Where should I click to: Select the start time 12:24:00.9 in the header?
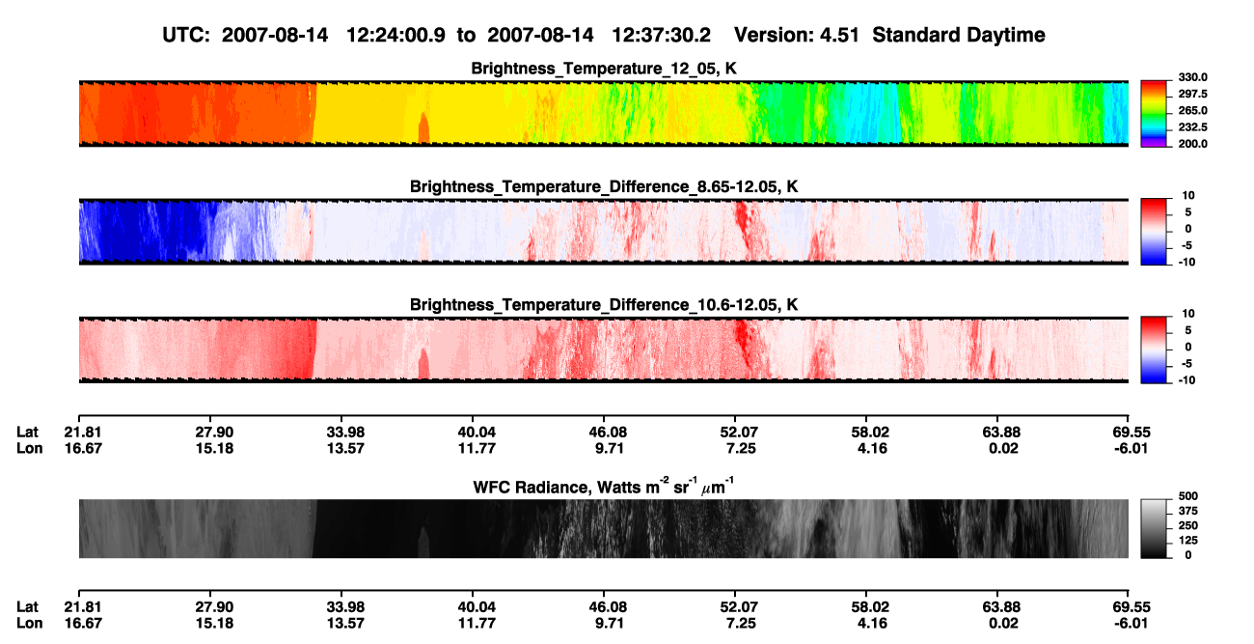pos(395,36)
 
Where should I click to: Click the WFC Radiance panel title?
pos(604,487)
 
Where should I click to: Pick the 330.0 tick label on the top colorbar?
pos(1192,77)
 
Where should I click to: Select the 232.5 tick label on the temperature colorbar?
pos(1192,127)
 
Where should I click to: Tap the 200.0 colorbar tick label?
pos(1192,144)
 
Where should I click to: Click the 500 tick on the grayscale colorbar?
pos(1188,496)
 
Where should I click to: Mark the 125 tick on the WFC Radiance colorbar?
pos(1188,541)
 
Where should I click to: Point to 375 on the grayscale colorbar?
pos(1188,511)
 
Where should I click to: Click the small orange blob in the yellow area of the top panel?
pos(423,128)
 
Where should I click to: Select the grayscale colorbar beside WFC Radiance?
pos(1154,528)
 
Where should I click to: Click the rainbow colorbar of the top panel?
pos(1154,114)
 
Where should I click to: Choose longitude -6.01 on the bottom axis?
pos(1131,624)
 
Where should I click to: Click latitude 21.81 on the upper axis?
pos(83,433)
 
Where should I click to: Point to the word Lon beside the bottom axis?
pos(30,624)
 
